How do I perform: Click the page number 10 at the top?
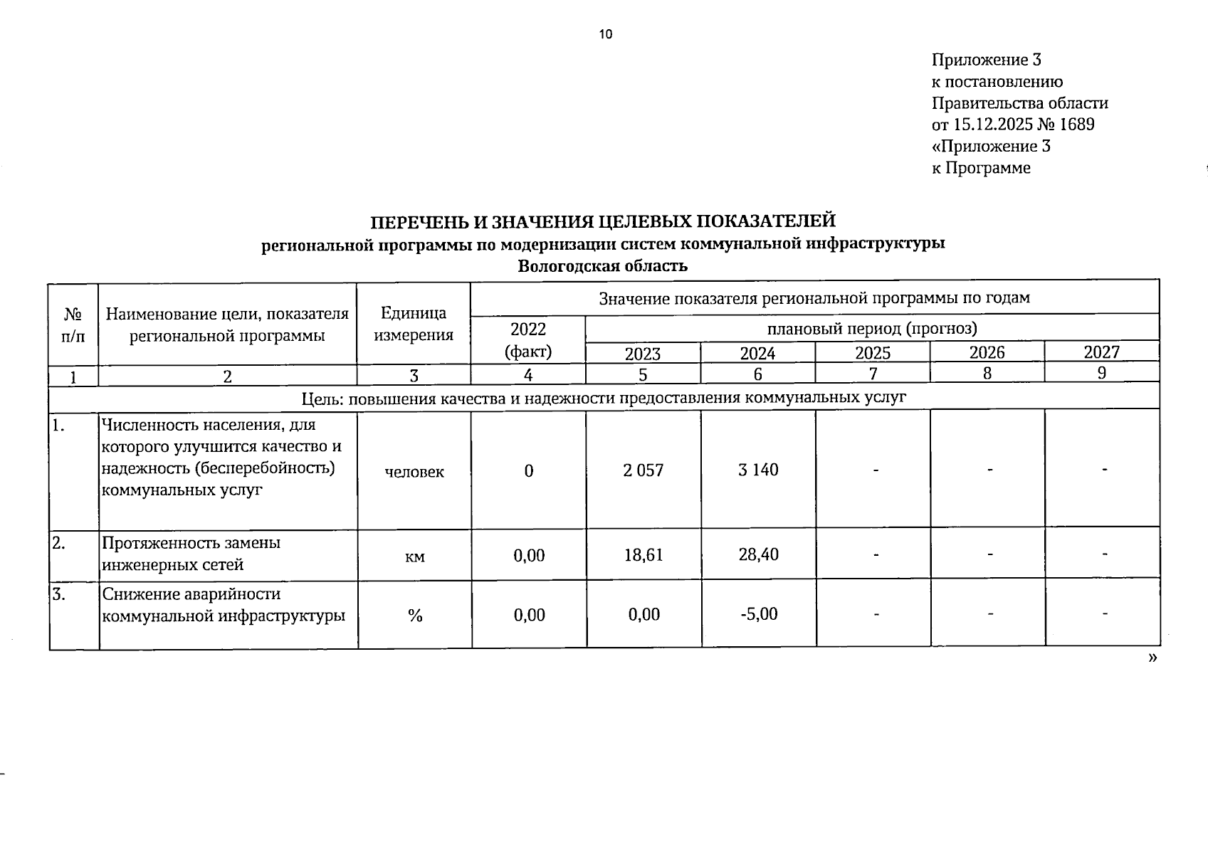coord(606,34)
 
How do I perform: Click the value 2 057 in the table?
coord(643,470)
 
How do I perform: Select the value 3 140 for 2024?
coord(758,470)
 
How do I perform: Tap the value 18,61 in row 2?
coord(644,554)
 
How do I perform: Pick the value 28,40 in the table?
coord(758,554)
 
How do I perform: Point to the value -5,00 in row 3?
coord(759,613)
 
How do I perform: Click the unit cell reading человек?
coord(414,471)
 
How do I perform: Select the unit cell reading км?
coord(414,557)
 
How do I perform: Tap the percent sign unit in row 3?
coord(415,616)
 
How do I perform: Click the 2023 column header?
coord(643,354)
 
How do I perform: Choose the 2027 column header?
coord(1102,352)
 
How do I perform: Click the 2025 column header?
coord(873,352)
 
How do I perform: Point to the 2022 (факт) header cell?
coord(528,339)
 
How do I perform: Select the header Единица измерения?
coord(414,324)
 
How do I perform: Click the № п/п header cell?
coord(73,325)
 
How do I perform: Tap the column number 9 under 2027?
coord(1102,372)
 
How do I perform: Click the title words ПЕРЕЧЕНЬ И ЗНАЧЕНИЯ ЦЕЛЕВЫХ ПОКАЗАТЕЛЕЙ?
coord(603,221)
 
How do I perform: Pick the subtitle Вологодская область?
coord(603,266)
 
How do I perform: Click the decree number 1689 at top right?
coord(1077,125)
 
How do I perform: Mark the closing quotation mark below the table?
coord(1152,658)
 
